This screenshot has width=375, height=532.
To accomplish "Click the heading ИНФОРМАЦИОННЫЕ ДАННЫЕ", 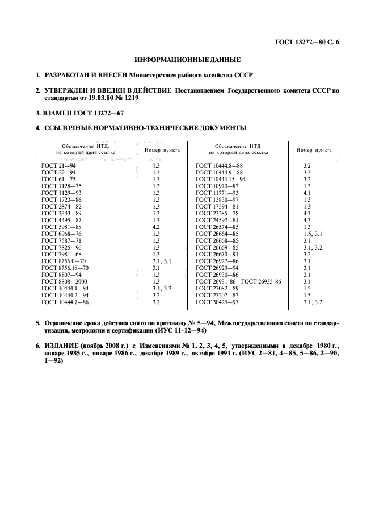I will click(x=187, y=59).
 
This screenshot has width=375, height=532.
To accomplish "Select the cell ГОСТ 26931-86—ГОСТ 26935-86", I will click(x=238, y=281).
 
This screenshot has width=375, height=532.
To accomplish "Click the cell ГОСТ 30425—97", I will click(x=216, y=301).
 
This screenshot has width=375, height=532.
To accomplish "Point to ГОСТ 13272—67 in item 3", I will click(x=102, y=113).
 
